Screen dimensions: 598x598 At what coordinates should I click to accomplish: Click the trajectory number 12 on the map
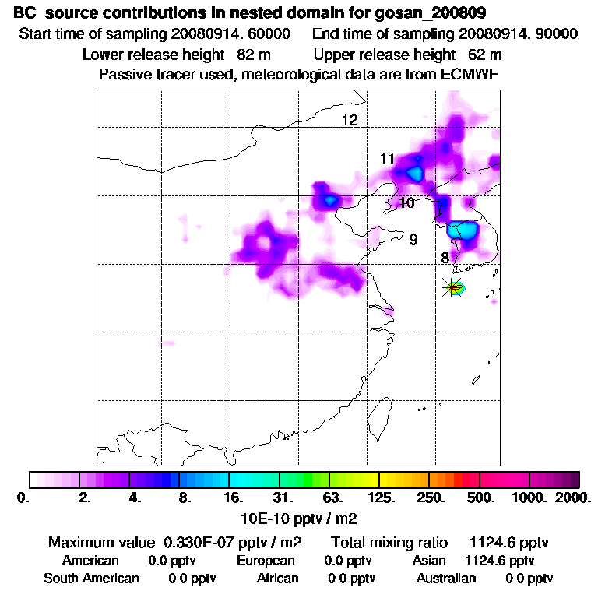[350, 120]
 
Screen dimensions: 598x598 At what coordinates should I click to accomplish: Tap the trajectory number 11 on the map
[388, 159]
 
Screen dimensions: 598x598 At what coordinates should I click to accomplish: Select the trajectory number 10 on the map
[406, 203]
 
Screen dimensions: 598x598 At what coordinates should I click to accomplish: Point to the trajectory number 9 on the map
[413, 240]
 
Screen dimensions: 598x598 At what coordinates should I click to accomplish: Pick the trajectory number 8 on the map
[445, 258]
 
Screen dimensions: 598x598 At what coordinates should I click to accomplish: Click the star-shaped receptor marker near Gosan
[452, 287]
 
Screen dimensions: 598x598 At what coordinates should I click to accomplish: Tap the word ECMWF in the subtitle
[469, 75]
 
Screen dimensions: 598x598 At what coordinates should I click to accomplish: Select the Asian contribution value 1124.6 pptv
[499, 560]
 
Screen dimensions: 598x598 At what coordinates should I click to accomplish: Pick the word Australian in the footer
[445, 579]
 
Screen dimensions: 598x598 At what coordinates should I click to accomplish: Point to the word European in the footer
[266, 560]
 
